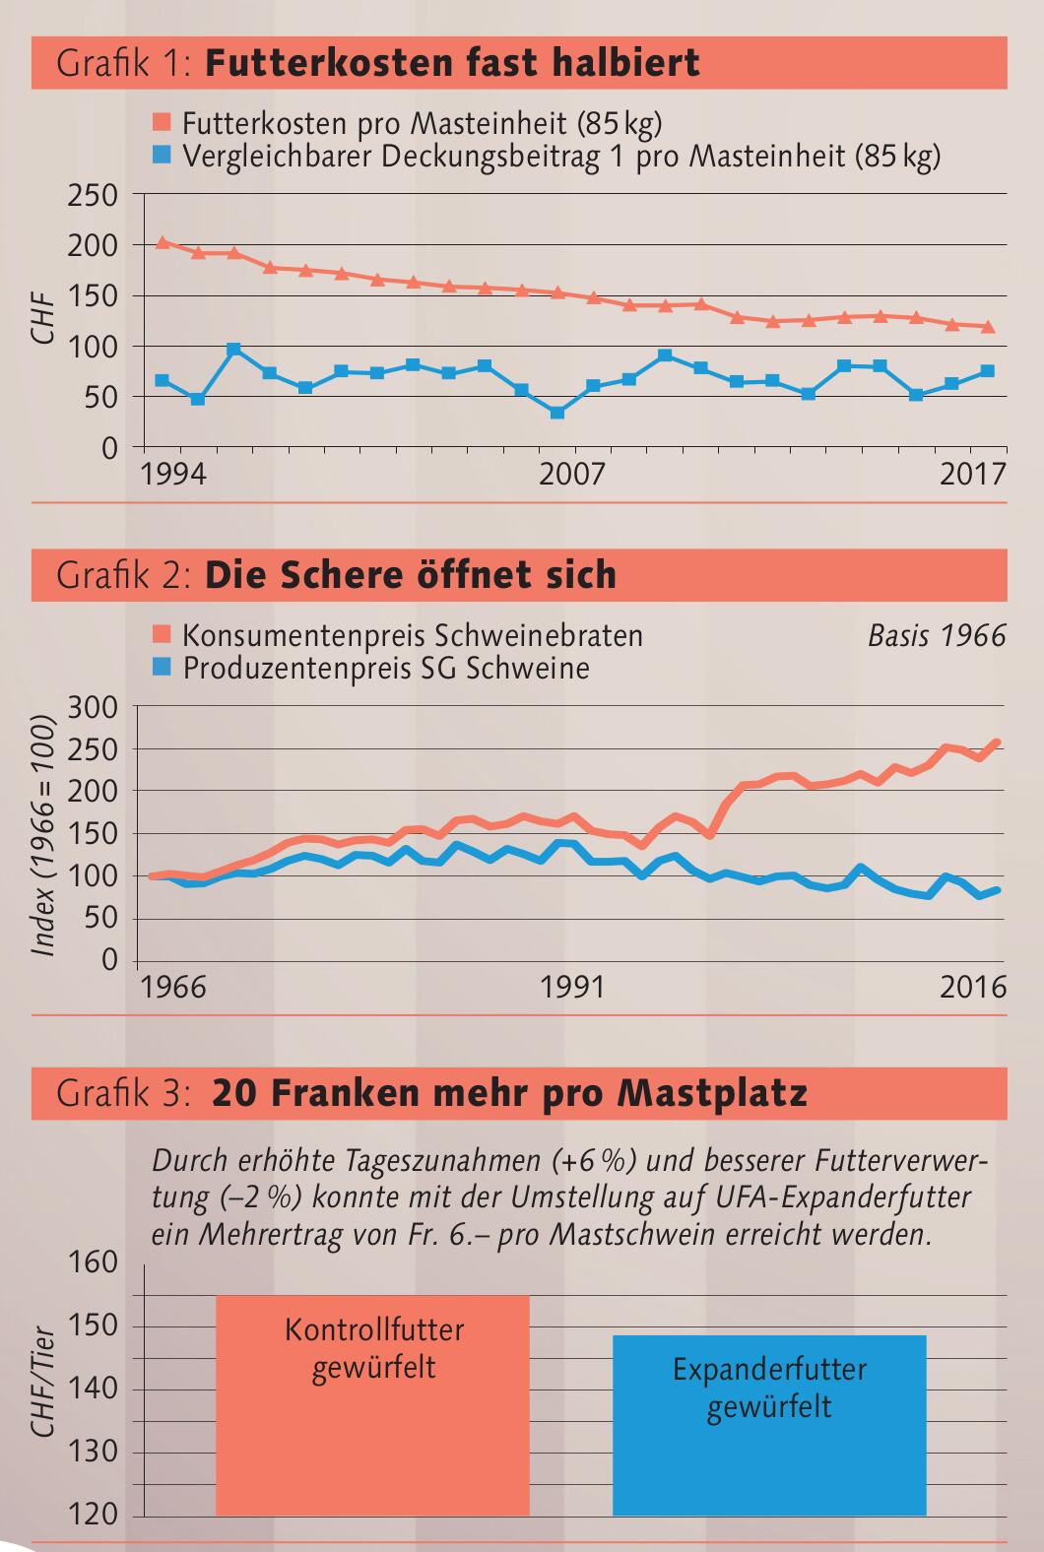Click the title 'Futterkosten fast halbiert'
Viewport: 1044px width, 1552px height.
(452, 64)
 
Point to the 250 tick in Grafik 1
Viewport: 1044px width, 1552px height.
(93, 195)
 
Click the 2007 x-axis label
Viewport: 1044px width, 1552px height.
(572, 475)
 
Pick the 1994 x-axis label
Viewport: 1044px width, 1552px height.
(173, 475)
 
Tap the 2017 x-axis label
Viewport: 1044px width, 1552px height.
(972, 475)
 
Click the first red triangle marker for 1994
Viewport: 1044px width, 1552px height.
(163, 241)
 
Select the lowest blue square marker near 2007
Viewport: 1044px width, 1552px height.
(557, 413)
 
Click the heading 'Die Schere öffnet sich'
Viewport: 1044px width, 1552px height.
(411, 575)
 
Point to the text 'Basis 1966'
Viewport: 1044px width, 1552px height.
(937, 636)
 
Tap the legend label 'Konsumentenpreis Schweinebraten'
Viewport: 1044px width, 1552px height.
(413, 635)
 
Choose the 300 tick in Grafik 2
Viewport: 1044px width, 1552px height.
(93, 707)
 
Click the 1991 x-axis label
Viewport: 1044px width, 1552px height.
(572, 987)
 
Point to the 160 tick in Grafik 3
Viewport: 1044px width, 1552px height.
(93, 1263)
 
